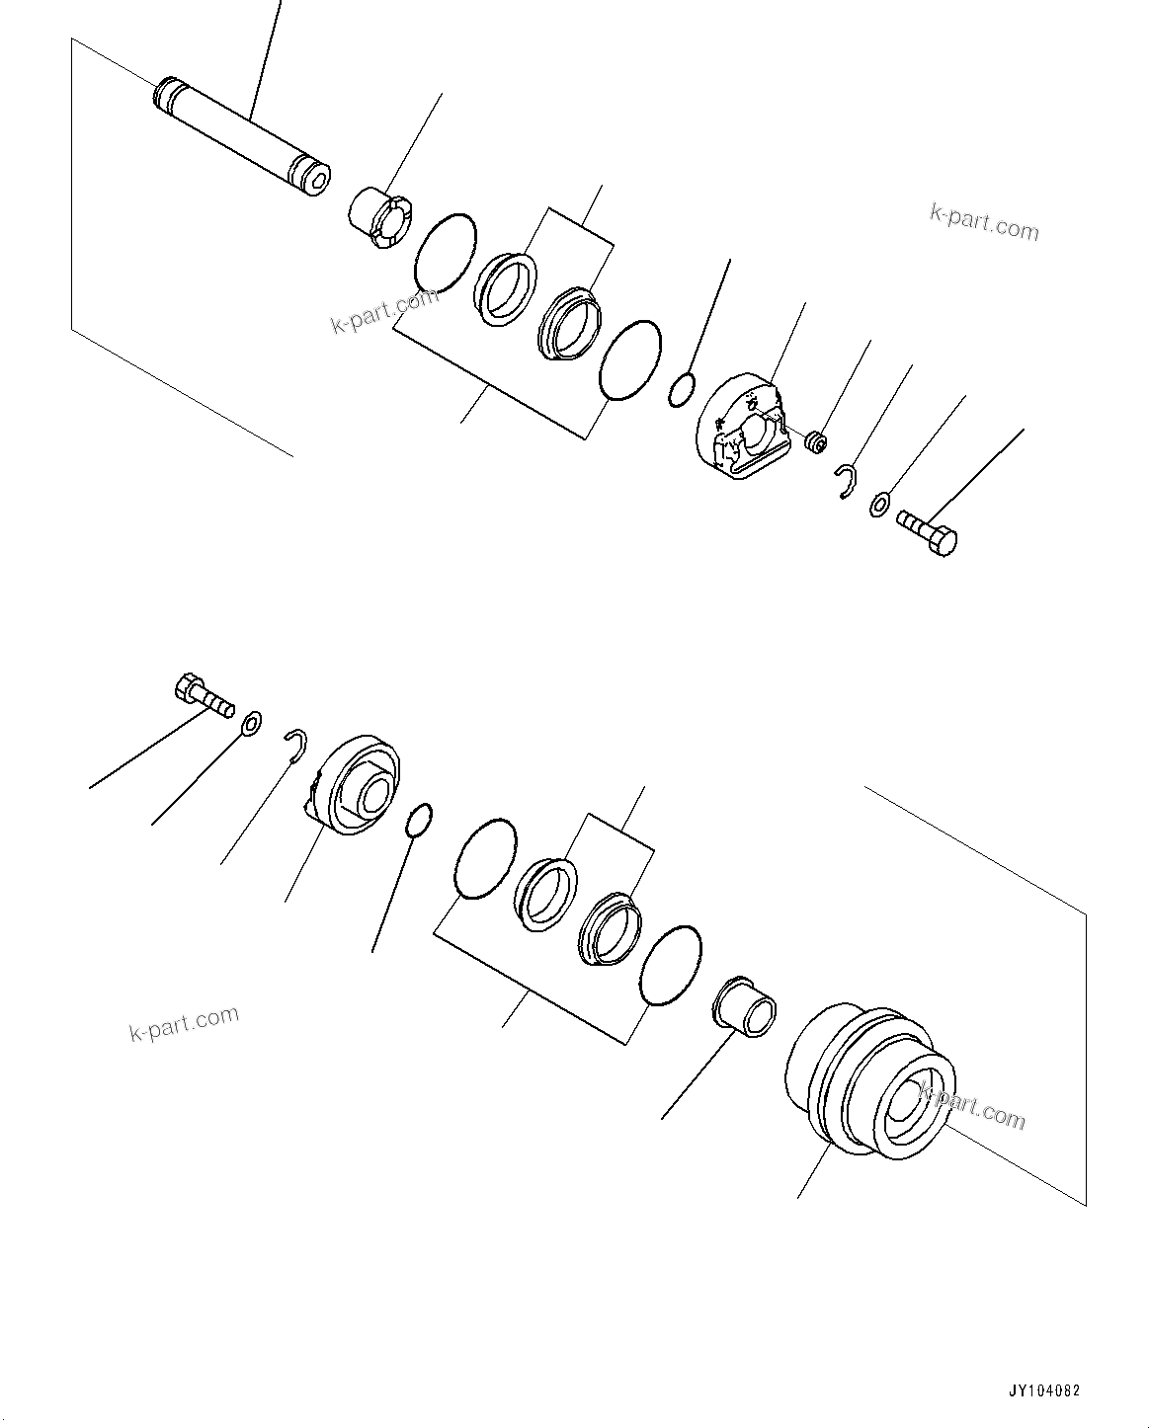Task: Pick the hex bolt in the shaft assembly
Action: [927, 533]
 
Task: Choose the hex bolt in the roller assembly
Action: [203, 694]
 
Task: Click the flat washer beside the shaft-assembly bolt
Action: [878, 506]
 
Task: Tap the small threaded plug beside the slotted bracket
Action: [816, 443]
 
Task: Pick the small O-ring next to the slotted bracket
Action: [682, 389]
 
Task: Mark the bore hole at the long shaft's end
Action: [318, 181]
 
